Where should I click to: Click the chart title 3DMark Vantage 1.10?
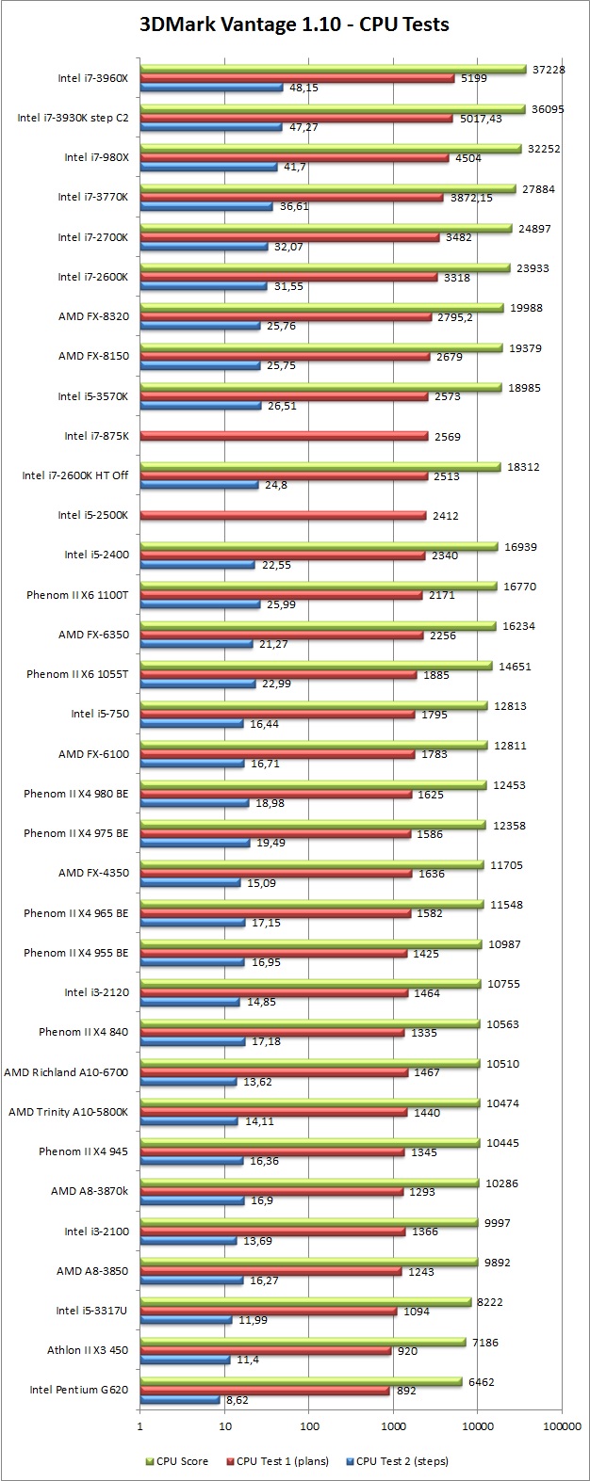(295, 25)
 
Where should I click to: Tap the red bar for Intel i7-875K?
(284, 436)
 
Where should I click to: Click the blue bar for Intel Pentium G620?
(179, 1399)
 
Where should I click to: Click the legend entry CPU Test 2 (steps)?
(401, 1461)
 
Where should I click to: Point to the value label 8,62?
(236, 1400)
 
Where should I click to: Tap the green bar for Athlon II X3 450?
(302, 1342)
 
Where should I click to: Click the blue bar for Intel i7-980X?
(208, 168)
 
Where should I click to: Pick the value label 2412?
(445, 516)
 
